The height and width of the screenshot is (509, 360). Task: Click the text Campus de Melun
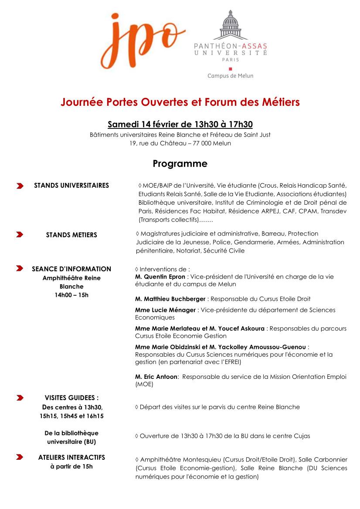tap(230, 76)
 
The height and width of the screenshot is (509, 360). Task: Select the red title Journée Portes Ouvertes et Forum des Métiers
tap(180, 102)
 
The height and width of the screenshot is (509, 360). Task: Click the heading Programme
tap(180, 164)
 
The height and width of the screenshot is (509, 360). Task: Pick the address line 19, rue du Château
tap(180, 143)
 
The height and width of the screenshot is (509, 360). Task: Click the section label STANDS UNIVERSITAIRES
tap(71, 185)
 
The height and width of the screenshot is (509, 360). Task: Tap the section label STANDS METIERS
tap(71, 235)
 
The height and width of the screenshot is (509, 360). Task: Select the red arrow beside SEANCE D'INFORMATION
tap(20, 269)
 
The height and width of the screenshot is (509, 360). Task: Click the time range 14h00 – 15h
tap(71, 295)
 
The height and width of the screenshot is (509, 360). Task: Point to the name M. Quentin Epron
tap(160, 276)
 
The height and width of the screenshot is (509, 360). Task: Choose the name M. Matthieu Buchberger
tap(170, 299)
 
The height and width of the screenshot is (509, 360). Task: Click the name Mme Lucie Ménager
tap(166, 310)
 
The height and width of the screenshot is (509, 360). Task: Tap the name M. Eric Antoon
tap(156, 377)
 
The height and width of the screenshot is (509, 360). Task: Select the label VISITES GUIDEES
tap(71, 398)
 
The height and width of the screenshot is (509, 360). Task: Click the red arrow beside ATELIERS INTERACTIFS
tap(20, 458)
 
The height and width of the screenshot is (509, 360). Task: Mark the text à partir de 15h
tap(71, 467)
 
